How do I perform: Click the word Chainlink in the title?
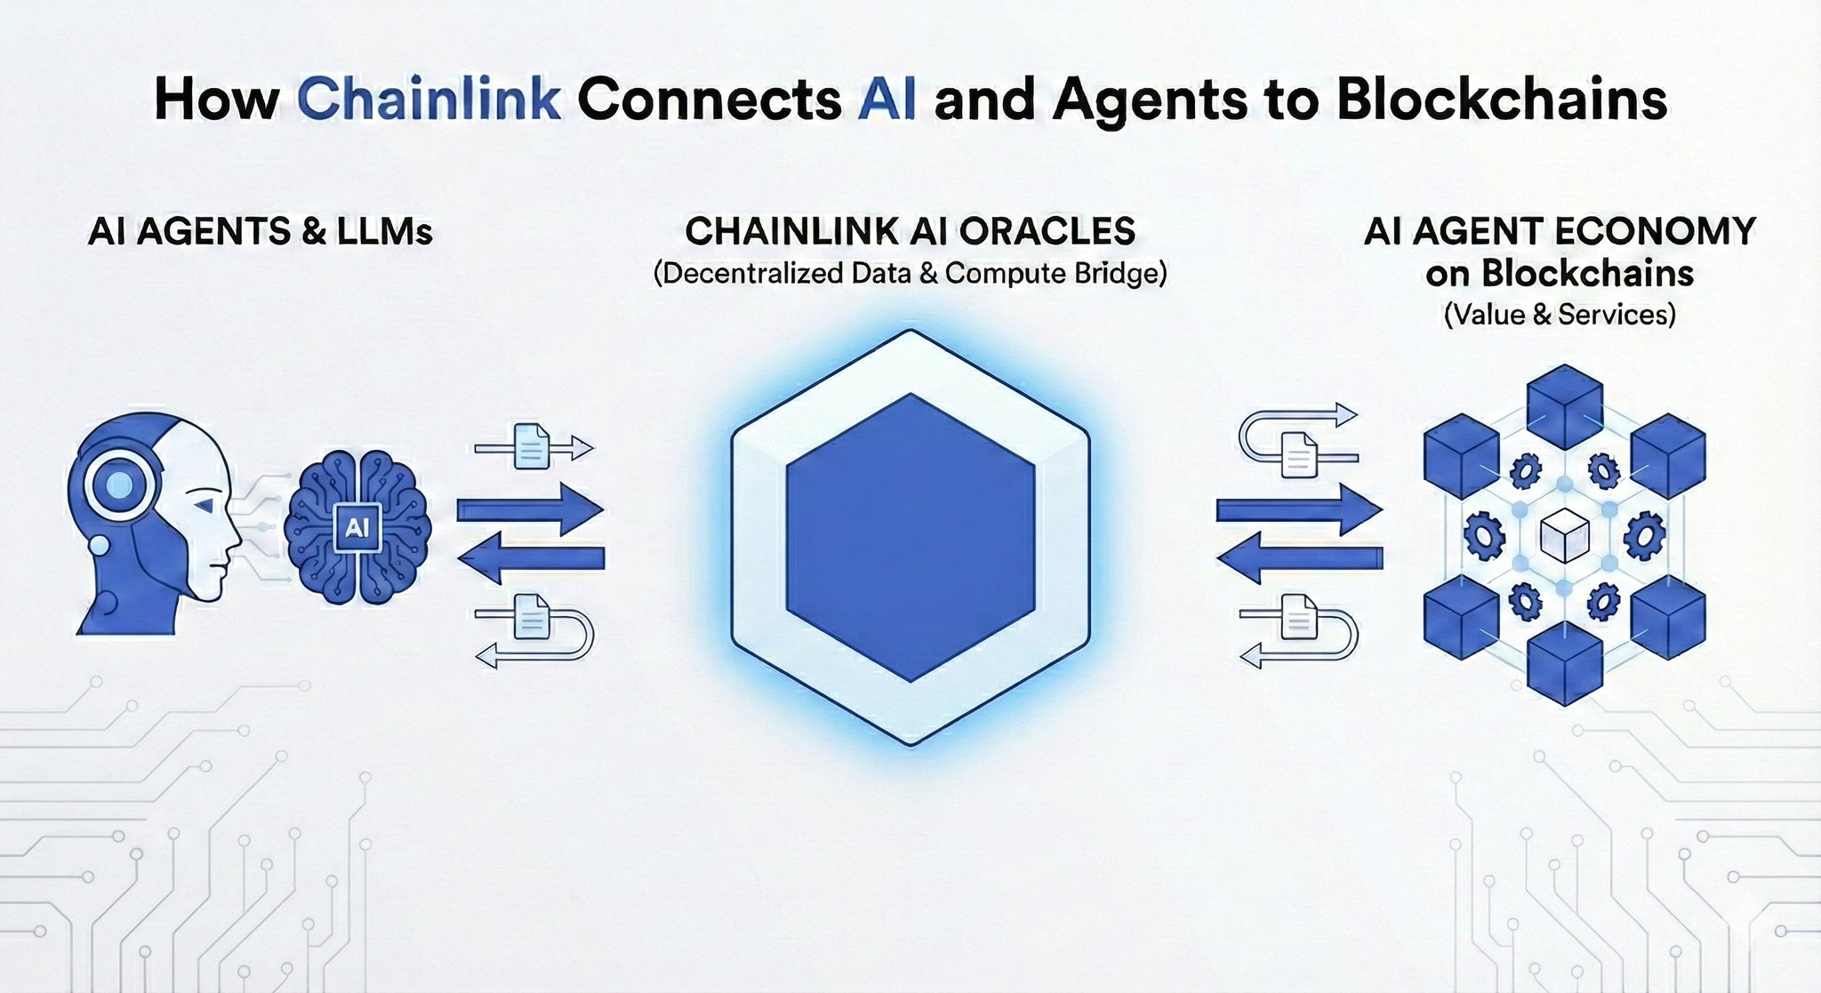[429, 99]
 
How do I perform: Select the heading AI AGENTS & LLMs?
[261, 232]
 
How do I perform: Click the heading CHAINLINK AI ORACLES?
[910, 231]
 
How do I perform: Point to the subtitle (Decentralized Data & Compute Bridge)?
[910, 273]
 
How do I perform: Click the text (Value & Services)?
[1560, 314]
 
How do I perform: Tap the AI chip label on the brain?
[357, 528]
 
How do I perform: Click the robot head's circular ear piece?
[119, 485]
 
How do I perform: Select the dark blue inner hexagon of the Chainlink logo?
[910, 538]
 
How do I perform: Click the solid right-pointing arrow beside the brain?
[530, 509]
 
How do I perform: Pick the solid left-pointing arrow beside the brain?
[530, 558]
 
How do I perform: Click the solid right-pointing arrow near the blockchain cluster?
[1298, 509]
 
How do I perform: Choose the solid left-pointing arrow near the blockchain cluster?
[1298, 558]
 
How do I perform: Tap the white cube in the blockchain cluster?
[1564, 536]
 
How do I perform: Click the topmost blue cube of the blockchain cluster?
[1564, 404]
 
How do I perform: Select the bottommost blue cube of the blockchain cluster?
[1564, 662]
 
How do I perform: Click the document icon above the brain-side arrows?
[532, 446]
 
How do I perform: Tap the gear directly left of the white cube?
[1484, 536]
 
